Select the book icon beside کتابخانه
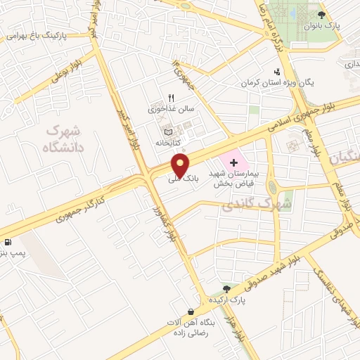pyautogui.click(x=167, y=131)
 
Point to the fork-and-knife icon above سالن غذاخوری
pyautogui.click(x=171, y=99)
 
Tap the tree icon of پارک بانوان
pyautogui.click(x=321, y=15)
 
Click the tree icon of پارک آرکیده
pyautogui.click(x=226, y=288)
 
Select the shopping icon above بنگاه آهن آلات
pyautogui.click(x=191, y=311)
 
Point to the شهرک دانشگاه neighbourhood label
pyautogui.click(x=63, y=139)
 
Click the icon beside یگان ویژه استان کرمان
pyautogui.click(x=278, y=71)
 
